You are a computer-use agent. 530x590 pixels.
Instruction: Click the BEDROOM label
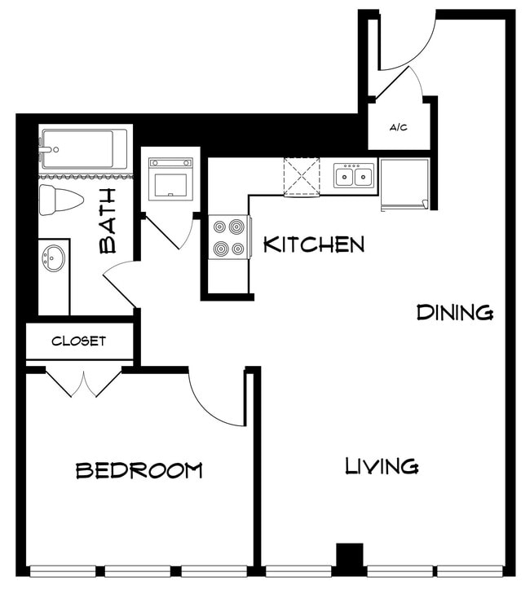click(x=139, y=470)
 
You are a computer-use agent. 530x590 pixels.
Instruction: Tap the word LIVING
click(x=382, y=466)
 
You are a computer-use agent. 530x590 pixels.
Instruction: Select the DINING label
click(x=454, y=312)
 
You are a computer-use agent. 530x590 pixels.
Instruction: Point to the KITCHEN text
click(x=313, y=244)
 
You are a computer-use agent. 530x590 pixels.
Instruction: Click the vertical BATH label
click(x=108, y=220)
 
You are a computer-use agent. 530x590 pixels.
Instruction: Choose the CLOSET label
click(x=78, y=341)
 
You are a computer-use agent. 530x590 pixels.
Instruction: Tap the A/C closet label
click(x=399, y=128)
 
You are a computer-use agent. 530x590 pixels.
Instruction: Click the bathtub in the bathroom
click(x=84, y=148)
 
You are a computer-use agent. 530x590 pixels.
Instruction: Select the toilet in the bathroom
click(x=62, y=200)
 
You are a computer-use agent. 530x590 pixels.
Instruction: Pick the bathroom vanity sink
click(x=55, y=259)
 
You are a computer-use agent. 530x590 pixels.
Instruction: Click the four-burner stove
click(x=229, y=237)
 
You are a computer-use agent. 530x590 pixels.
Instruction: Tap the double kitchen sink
click(x=354, y=175)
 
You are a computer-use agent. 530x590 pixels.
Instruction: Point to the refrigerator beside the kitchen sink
click(x=404, y=183)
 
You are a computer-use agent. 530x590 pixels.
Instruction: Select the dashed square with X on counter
click(x=301, y=176)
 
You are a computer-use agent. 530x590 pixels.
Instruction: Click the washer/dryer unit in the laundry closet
click(x=170, y=178)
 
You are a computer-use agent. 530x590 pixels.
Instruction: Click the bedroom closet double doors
click(x=83, y=382)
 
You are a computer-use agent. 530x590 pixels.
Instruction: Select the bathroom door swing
click(x=121, y=281)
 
